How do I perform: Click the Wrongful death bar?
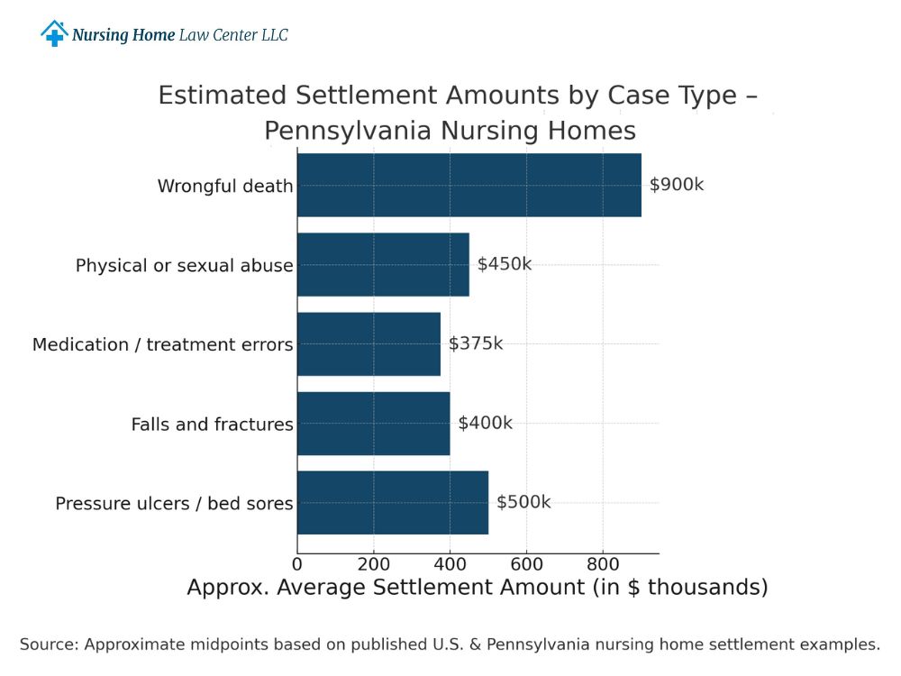point(469,185)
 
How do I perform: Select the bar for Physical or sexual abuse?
point(383,264)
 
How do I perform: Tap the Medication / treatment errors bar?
point(369,343)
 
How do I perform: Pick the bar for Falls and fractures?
point(373,423)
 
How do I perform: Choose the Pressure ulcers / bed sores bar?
point(392,502)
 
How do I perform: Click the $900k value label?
point(676,185)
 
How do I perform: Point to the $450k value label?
point(504,264)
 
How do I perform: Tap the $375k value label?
point(476,343)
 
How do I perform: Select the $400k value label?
point(485,423)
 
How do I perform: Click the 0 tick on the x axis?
point(297,564)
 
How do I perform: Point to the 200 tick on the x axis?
point(374,564)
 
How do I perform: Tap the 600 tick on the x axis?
point(526,564)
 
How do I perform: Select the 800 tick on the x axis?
point(603,564)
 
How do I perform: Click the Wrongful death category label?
point(225,187)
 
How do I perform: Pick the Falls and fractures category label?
point(212,425)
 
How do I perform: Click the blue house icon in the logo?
point(54,34)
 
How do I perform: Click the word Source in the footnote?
point(50,644)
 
